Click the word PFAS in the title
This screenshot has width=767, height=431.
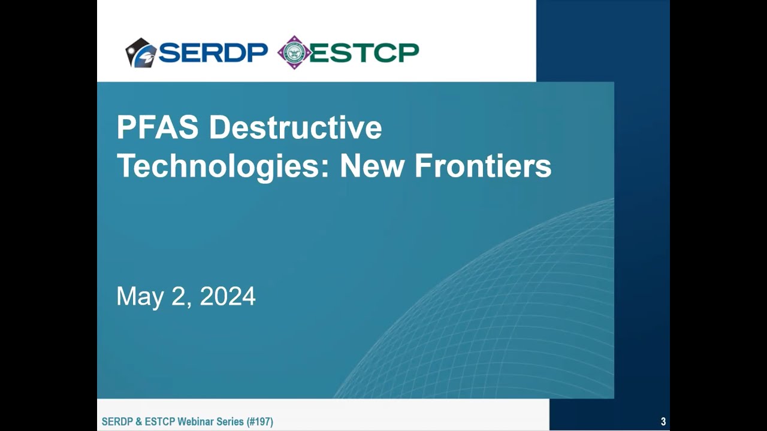coord(158,128)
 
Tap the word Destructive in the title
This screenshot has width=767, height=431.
coord(295,128)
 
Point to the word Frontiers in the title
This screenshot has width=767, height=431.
coord(482,166)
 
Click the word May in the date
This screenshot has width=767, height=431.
coord(137,297)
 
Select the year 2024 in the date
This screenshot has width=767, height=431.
coord(228,297)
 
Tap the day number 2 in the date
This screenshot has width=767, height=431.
coord(177,297)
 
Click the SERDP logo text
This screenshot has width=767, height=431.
coord(213,53)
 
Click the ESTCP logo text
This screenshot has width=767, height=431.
coord(364,53)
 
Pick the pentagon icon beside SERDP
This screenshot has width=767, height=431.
coord(140,53)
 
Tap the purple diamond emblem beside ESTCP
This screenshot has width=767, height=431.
coord(294,53)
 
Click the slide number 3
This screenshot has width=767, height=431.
coord(663,422)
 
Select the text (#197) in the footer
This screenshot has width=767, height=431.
coord(260,422)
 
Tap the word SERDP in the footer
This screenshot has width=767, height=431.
coord(116,422)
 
